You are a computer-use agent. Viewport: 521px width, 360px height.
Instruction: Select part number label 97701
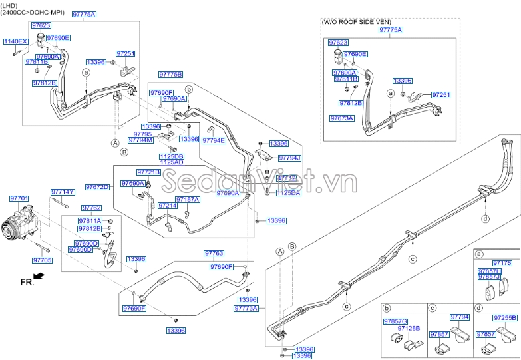point(19,198)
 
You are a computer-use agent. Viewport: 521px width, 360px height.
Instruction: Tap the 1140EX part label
point(15,41)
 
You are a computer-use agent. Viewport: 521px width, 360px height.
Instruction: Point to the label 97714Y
point(63,192)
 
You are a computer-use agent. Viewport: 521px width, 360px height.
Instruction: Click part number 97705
point(42,260)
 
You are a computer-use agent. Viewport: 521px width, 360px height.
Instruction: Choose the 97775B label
point(170,74)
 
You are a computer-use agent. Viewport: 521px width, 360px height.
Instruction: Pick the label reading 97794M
point(140,140)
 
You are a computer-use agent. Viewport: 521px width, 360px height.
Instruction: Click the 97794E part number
point(214,140)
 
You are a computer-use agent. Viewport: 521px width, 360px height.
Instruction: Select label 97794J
point(289,158)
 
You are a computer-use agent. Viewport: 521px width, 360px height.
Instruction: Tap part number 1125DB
point(171,156)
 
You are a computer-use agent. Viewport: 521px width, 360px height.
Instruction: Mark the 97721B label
point(149,172)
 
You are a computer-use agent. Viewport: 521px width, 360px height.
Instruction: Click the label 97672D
point(96,187)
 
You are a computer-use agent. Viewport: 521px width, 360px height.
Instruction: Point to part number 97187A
point(188,199)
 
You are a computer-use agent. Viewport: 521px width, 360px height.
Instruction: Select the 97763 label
point(214,254)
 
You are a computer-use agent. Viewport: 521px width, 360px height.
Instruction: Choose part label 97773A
point(247,309)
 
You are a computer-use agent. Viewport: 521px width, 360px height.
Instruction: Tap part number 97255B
point(505,318)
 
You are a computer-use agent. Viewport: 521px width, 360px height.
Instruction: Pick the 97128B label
point(409,328)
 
